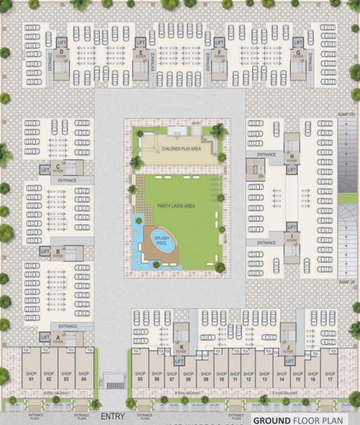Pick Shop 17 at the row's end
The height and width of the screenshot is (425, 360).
[x=330, y=376]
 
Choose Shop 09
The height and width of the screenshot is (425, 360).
[x=205, y=376]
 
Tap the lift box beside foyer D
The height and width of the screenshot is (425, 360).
[x=61, y=42]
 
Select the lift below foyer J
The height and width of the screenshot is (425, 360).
[x=289, y=361]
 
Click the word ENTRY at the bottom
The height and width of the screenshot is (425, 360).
[x=112, y=417]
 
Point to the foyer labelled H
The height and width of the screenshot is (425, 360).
[x=292, y=159]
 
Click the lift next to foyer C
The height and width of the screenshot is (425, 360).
[x=45, y=170]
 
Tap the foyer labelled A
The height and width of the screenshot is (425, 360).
[x=58, y=339]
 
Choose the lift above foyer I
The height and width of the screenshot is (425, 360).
[x=292, y=227]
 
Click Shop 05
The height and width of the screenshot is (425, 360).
[x=140, y=376]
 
